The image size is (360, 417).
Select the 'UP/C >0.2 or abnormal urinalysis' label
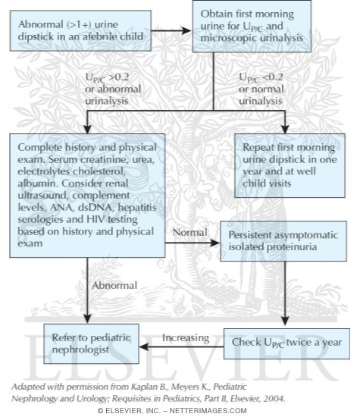[114, 85]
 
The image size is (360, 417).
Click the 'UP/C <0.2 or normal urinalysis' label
[265, 86]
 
